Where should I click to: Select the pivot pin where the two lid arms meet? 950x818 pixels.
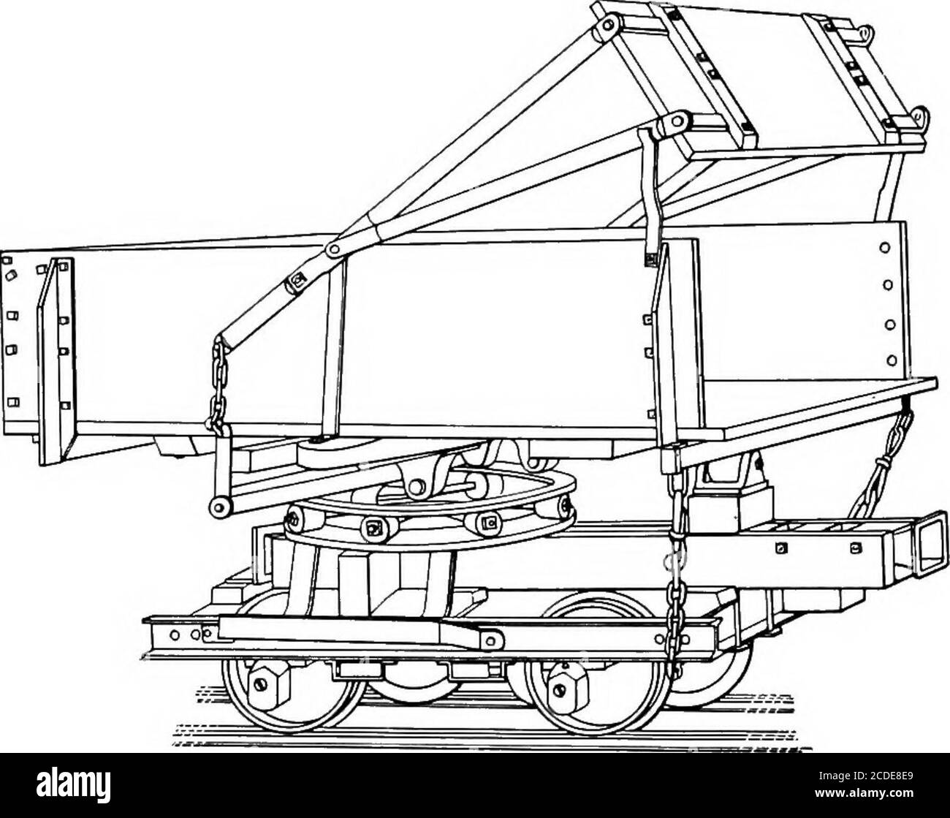pos(334,250)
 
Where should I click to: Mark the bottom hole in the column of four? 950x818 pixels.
pos(890,358)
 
